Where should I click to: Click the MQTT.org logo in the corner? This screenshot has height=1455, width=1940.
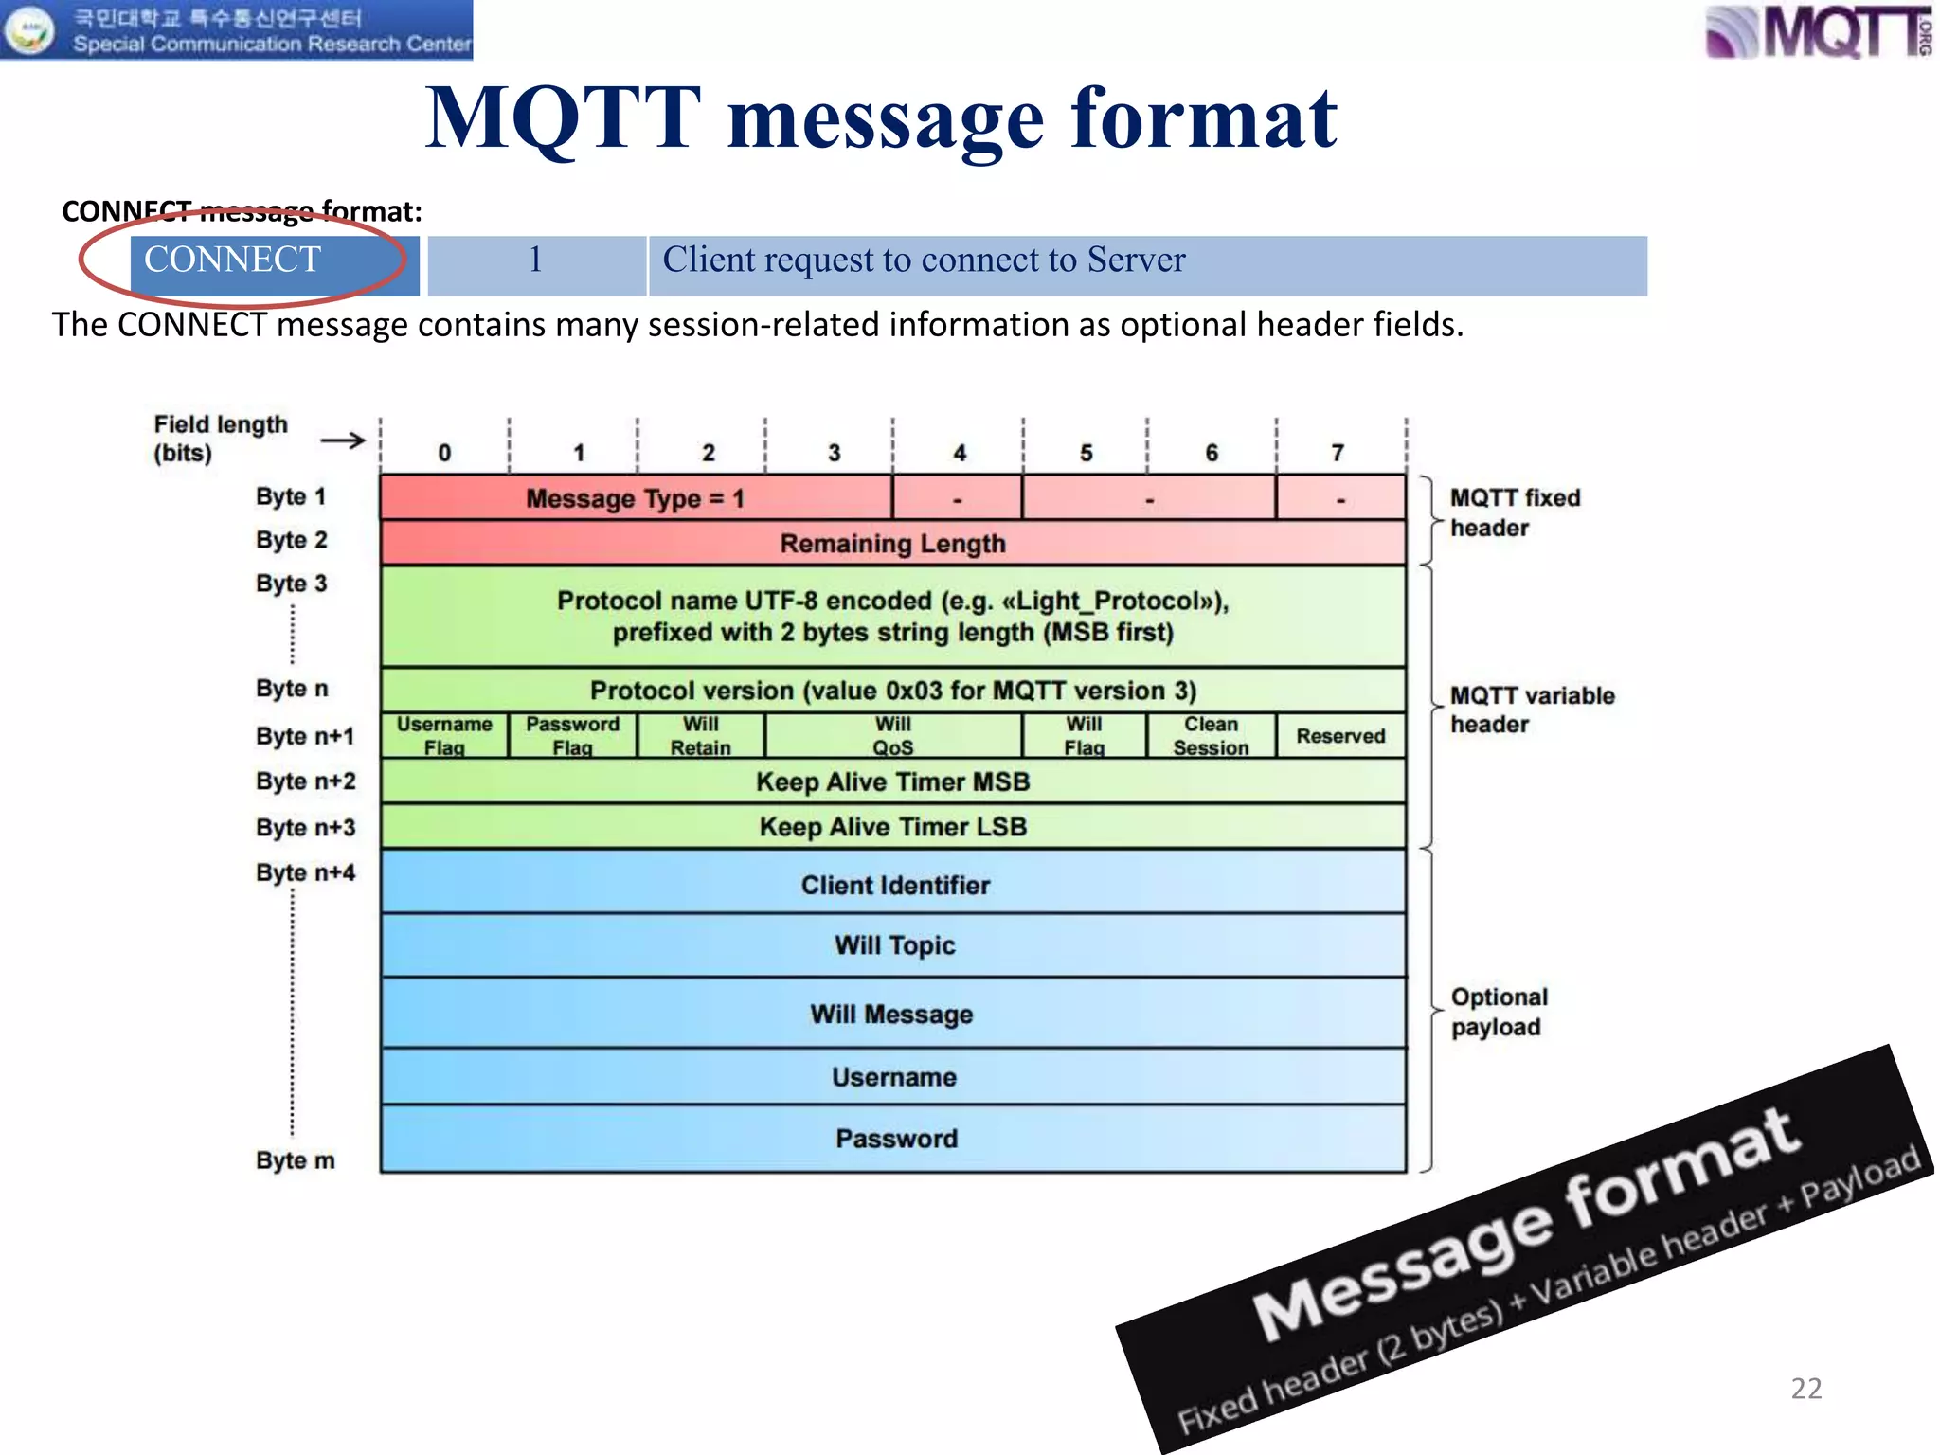1817,31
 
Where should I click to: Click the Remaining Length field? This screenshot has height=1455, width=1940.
892,544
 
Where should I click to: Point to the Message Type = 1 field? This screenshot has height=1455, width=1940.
636,498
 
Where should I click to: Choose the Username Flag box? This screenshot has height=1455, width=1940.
444,736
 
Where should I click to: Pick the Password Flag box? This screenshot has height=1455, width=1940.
572,736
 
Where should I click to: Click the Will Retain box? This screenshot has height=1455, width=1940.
701,736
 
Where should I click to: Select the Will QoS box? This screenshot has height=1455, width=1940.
892,736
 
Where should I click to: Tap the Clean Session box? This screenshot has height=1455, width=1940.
1211,736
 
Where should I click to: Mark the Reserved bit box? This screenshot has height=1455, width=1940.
1340,736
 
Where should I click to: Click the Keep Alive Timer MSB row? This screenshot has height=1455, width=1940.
892,782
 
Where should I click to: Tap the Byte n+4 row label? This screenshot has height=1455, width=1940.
305,872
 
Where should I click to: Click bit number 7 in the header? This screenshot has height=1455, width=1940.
1338,453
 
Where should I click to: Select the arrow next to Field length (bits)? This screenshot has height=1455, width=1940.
343,440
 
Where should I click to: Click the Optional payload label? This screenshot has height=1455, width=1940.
1499,1012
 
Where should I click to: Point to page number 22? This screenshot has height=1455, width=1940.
1806,1389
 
